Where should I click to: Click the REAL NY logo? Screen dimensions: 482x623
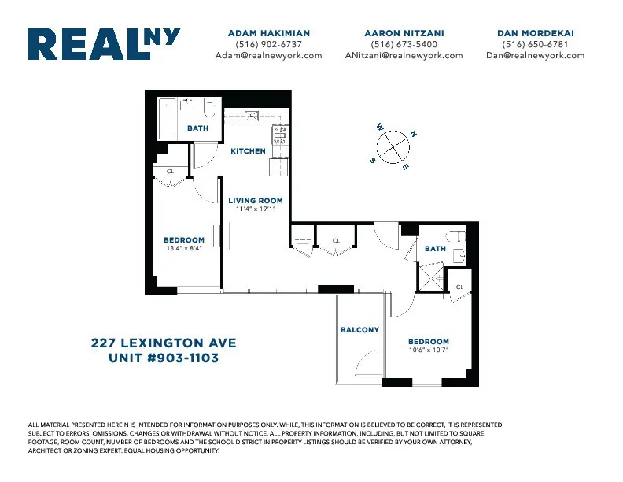pyautogui.click(x=104, y=44)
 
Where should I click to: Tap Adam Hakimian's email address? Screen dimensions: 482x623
pyautogui.click(x=268, y=56)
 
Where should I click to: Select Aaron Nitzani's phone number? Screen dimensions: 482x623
pyautogui.click(x=404, y=44)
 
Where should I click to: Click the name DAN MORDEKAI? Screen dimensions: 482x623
pyautogui.click(x=535, y=33)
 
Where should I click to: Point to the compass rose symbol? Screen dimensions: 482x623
pyautogui.click(x=393, y=146)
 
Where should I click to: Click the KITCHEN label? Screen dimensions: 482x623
pyautogui.click(x=248, y=150)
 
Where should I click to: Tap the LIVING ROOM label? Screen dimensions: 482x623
pyautogui.click(x=255, y=201)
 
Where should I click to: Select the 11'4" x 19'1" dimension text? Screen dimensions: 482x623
pyautogui.click(x=255, y=209)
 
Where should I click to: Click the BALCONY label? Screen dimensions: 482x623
pyautogui.click(x=359, y=330)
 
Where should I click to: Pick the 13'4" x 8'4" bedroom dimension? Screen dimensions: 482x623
pyautogui.click(x=183, y=249)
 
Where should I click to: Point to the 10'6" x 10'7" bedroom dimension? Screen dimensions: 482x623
pyautogui.click(x=428, y=350)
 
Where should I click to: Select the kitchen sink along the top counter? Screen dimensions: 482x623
pyautogui.click(x=251, y=117)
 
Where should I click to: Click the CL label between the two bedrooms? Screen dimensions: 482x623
pyautogui.click(x=336, y=240)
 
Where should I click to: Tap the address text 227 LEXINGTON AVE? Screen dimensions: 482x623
pyautogui.click(x=164, y=343)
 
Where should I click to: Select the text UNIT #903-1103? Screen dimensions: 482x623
pyautogui.click(x=164, y=358)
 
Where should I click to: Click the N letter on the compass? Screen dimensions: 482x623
pyautogui.click(x=414, y=135)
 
